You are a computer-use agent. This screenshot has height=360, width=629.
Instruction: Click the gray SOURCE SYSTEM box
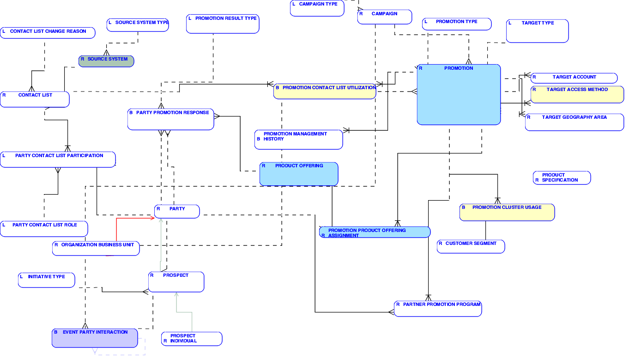[106, 61]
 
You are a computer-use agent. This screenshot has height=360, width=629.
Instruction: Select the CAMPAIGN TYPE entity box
[317, 8]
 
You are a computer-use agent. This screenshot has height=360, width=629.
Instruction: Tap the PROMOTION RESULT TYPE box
[223, 24]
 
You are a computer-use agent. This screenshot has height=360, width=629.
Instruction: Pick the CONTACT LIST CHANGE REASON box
[48, 33]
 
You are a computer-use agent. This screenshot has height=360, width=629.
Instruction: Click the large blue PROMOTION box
[459, 95]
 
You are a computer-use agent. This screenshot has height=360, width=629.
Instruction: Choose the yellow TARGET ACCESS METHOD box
[577, 94]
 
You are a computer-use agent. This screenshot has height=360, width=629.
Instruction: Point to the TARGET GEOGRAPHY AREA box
[574, 122]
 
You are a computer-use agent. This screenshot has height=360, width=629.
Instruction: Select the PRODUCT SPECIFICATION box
[562, 178]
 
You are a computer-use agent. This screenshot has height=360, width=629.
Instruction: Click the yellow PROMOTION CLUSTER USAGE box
[507, 212]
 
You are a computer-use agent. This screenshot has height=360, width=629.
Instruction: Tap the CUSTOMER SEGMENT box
[471, 246]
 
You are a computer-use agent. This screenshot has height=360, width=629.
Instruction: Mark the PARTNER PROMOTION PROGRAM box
[438, 309]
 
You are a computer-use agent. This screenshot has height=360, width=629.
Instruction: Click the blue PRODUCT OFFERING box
[299, 174]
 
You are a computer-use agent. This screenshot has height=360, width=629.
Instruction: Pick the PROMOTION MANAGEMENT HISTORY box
[298, 140]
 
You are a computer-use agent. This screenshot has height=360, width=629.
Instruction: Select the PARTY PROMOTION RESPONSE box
[171, 119]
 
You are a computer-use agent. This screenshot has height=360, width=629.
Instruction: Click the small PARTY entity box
[177, 211]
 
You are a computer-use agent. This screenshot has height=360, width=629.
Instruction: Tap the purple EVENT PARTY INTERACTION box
[95, 338]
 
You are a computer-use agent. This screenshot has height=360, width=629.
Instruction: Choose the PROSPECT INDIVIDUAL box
[191, 339]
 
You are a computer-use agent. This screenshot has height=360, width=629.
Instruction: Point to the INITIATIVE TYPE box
[46, 280]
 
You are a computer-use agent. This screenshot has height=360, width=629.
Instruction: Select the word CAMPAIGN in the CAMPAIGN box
[384, 14]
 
